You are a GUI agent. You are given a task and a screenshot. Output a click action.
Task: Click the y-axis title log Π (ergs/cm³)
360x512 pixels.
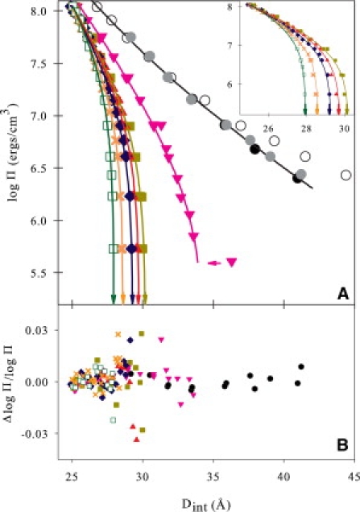(12, 153)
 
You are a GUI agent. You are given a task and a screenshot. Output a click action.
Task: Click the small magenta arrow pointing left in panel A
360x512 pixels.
(213, 262)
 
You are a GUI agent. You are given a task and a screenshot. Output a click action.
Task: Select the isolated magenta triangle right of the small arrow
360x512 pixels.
(232, 262)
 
